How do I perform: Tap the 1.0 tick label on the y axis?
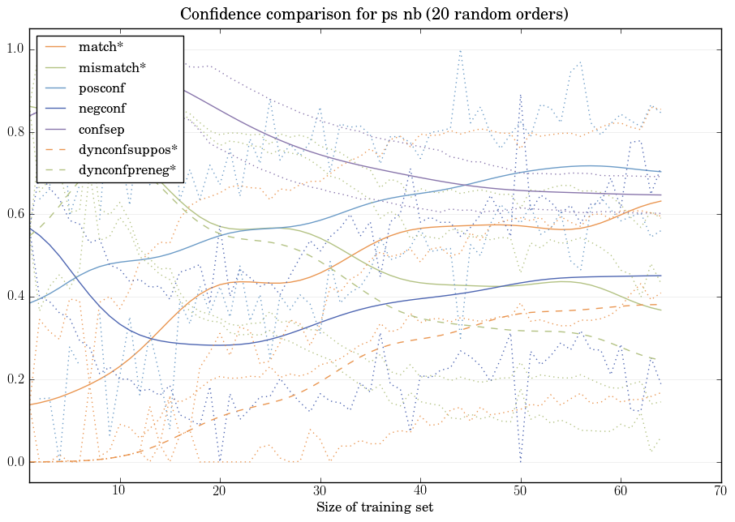click(x=15, y=49)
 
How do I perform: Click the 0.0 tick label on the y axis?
click(x=15, y=463)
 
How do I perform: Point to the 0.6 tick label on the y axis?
click(x=15, y=215)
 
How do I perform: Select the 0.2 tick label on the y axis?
click(x=15, y=380)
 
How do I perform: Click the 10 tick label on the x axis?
click(x=119, y=491)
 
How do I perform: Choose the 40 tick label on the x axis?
click(x=419, y=491)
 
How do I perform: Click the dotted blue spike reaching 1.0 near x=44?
click(x=460, y=51)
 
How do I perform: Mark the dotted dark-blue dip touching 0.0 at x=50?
click(x=520, y=460)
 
